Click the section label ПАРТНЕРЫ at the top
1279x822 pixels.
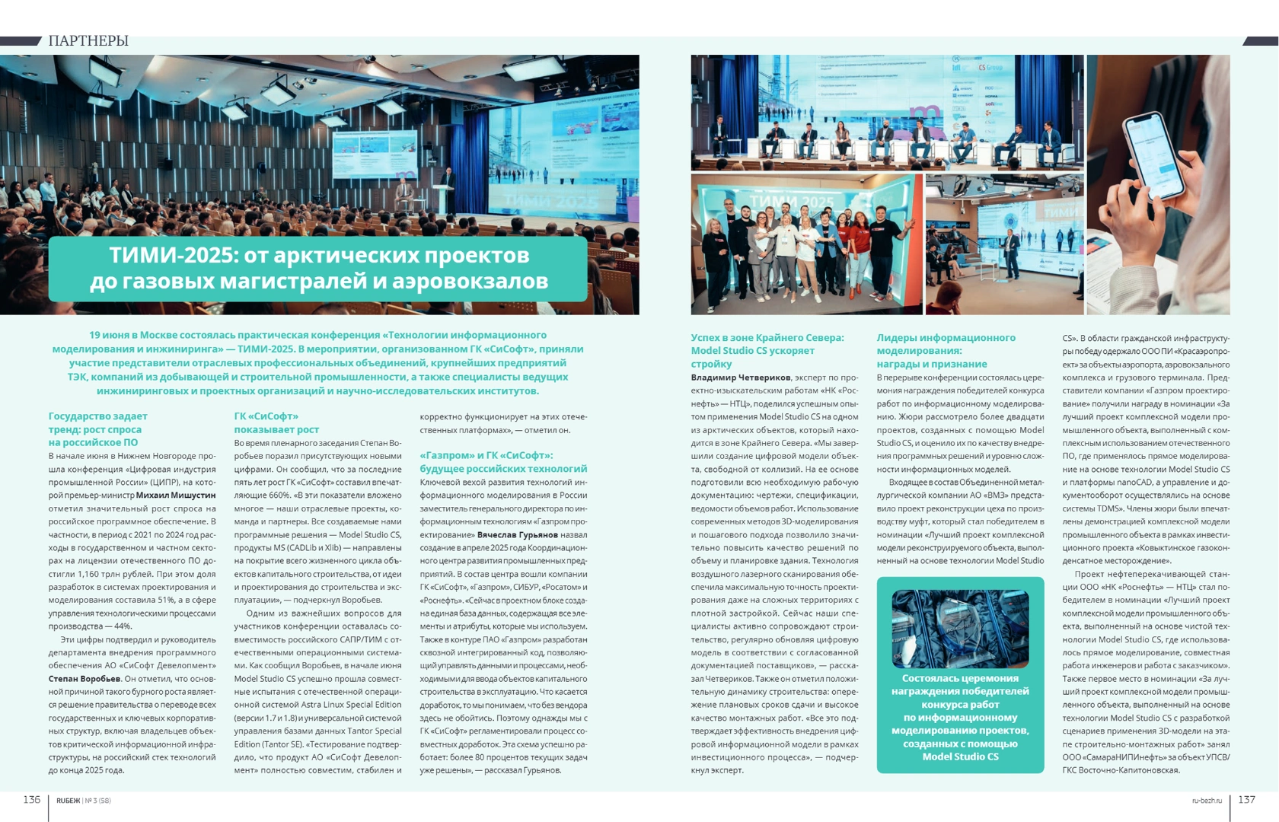pyautogui.click(x=88, y=41)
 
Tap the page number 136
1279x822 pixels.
pyautogui.click(x=31, y=799)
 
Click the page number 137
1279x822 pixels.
pyautogui.click(x=1246, y=799)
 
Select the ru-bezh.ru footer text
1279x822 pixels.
pyautogui.click(x=1207, y=800)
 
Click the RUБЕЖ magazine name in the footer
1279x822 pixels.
pyautogui.click(x=68, y=801)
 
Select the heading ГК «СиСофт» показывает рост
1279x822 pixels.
pyautogui.click(x=276, y=423)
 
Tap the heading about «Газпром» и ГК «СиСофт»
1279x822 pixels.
pyautogui.click(x=503, y=462)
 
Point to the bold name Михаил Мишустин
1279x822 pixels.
pyautogui.click(x=176, y=495)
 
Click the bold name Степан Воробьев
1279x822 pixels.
pyautogui.click(x=85, y=679)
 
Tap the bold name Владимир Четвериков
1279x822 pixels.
pyautogui.click(x=740, y=378)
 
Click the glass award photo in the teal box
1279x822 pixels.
pyautogui.click(x=960, y=629)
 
